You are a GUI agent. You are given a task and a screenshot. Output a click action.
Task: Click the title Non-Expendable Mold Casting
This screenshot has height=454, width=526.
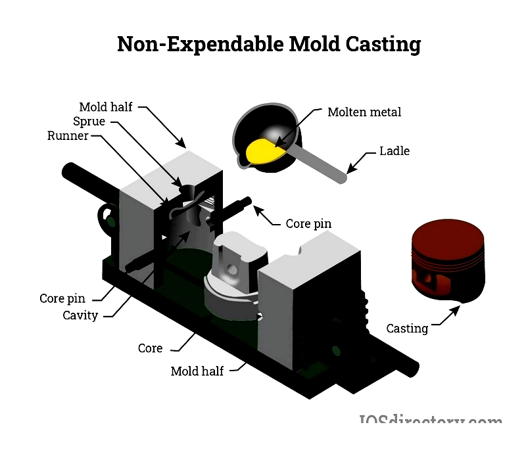269,45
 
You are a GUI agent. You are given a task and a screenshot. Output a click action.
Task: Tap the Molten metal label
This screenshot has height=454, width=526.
364,112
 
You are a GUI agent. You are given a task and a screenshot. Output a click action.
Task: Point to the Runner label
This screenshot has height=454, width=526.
68,136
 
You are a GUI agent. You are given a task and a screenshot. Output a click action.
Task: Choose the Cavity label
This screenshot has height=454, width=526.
80,315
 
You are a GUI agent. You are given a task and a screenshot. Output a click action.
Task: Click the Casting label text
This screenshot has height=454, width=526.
407,328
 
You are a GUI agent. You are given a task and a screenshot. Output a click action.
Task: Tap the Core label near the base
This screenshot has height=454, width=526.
150,348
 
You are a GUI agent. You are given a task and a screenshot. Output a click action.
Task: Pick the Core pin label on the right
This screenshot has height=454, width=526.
308,223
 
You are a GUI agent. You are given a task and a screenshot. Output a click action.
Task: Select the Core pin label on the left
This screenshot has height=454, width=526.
62,298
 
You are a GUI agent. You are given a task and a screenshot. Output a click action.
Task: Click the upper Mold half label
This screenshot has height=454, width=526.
106,106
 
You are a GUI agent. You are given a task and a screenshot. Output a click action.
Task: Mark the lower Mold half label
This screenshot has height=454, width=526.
197,371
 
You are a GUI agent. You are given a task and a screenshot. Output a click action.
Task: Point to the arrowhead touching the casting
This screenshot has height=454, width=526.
455,308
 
